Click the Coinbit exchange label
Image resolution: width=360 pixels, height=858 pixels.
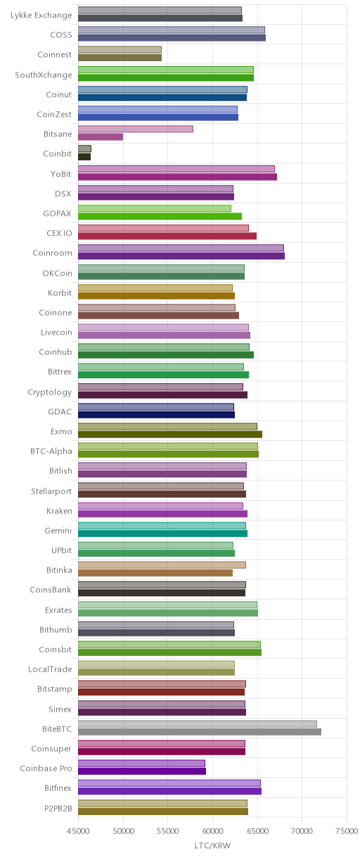click(x=57, y=153)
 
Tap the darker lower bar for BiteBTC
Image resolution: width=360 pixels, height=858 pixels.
click(x=200, y=732)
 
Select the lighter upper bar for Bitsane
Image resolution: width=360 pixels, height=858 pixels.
click(x=136, y=129)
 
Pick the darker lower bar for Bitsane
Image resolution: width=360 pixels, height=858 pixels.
click(x=101, y=136)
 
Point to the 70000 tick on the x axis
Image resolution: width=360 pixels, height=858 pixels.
click(x=302, y=831)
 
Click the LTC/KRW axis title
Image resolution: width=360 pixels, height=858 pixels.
click(x=212, y=845)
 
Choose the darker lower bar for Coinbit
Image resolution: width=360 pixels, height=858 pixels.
click(x=84, y=157)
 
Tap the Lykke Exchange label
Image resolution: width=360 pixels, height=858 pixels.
click(x=41, y=15)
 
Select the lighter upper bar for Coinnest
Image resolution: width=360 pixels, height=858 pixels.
click(x=120, y=50)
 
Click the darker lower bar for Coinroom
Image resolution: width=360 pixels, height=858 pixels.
click(x=181, y=256)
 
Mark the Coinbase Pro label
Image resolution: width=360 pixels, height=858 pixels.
click(x=46, y=769)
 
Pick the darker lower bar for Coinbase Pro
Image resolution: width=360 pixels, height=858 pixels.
click(x=142, y=771)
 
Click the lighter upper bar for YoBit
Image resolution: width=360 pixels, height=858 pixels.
click(x=176, y=169)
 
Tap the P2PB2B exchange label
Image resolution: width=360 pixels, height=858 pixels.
click(x=58, y=808)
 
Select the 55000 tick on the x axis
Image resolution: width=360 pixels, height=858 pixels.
click(x=168, y=831)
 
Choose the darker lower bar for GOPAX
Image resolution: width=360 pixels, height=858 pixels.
click(x=160, y=216)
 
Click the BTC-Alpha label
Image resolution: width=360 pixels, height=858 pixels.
click(x=51, y=452)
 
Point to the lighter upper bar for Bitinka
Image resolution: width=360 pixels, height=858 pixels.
click(x=162, y=565)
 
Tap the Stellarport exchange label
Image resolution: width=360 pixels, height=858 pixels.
click(x=51, y=491)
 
